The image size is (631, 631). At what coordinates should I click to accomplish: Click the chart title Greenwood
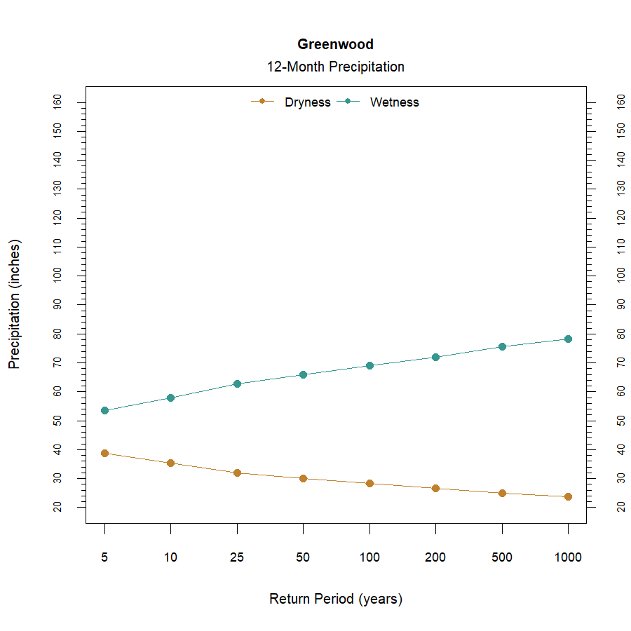click(335, 44)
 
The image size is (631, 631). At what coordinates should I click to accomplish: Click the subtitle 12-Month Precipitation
click(335, 67)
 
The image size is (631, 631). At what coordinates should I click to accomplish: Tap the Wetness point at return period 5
click(104, 410)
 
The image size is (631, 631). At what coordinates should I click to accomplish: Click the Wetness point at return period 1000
click(568, 339)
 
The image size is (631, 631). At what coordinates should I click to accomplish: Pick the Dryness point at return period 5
click(104, 453)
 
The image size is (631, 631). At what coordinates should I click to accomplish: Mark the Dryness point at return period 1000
click(568, 496)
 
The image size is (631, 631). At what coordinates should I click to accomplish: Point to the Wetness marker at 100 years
click(369, 365)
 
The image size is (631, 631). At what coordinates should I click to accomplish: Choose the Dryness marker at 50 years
click(303, 478)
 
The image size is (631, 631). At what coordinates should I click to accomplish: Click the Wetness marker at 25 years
click(237, 384)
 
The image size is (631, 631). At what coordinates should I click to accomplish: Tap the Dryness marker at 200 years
click(435, 488)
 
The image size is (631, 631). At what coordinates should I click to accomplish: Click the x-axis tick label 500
click(502, 558)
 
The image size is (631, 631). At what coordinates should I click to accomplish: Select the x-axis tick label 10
click(170, 558)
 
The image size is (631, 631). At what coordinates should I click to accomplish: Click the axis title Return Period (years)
click(335, 599)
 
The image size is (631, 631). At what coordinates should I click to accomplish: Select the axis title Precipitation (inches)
click(15, 304)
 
